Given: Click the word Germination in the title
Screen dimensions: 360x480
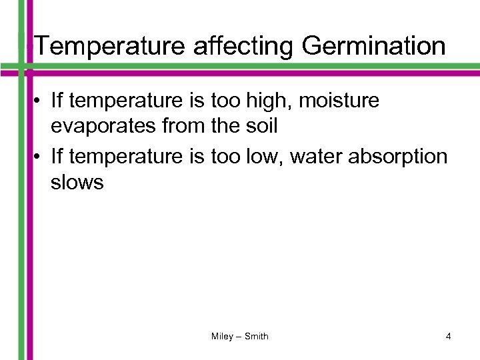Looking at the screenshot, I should (x=373, y=47).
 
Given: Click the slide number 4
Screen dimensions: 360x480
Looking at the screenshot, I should (x=449, y=337).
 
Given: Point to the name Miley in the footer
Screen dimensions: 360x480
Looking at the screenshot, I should (x=222, y=337).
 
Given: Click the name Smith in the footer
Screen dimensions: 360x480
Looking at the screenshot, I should (x=257, y=337).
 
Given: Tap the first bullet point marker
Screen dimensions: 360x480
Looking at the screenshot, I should (x=39, y=102).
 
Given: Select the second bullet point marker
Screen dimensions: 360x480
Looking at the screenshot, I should (x=39, y=157).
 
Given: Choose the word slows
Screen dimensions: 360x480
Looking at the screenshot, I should (x=77, y=183).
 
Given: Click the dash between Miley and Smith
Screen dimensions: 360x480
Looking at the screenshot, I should (x=239, y=337).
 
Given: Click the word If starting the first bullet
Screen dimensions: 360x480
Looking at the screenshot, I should (x=57, y=101).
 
